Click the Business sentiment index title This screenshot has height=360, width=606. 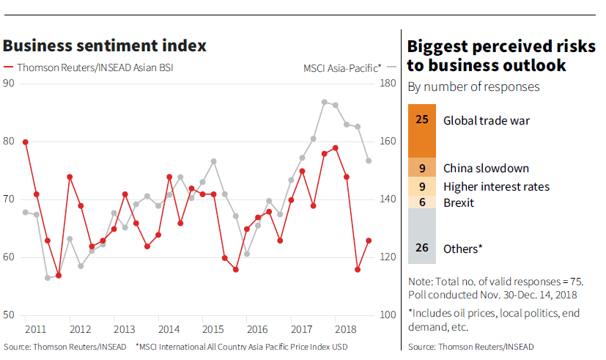pos(104,45)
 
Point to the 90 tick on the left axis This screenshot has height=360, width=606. pos(9,83)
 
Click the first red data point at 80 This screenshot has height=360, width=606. pos(25,142)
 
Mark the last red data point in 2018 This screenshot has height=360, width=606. pos(369,240)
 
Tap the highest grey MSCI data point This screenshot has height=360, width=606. pos(324,102)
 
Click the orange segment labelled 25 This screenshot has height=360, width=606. pos(421,131)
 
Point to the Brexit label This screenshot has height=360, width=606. pos(459,202)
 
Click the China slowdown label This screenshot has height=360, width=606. pos(486,169)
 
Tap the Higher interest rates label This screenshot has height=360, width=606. pos(496,186)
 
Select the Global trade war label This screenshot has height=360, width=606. pos(486,120)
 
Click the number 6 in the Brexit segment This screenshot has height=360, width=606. pos(421,202)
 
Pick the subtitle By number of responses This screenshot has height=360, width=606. pos(473,87)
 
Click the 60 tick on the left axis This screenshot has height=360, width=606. pos(9,257)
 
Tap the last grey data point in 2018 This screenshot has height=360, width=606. pos(369,161)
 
